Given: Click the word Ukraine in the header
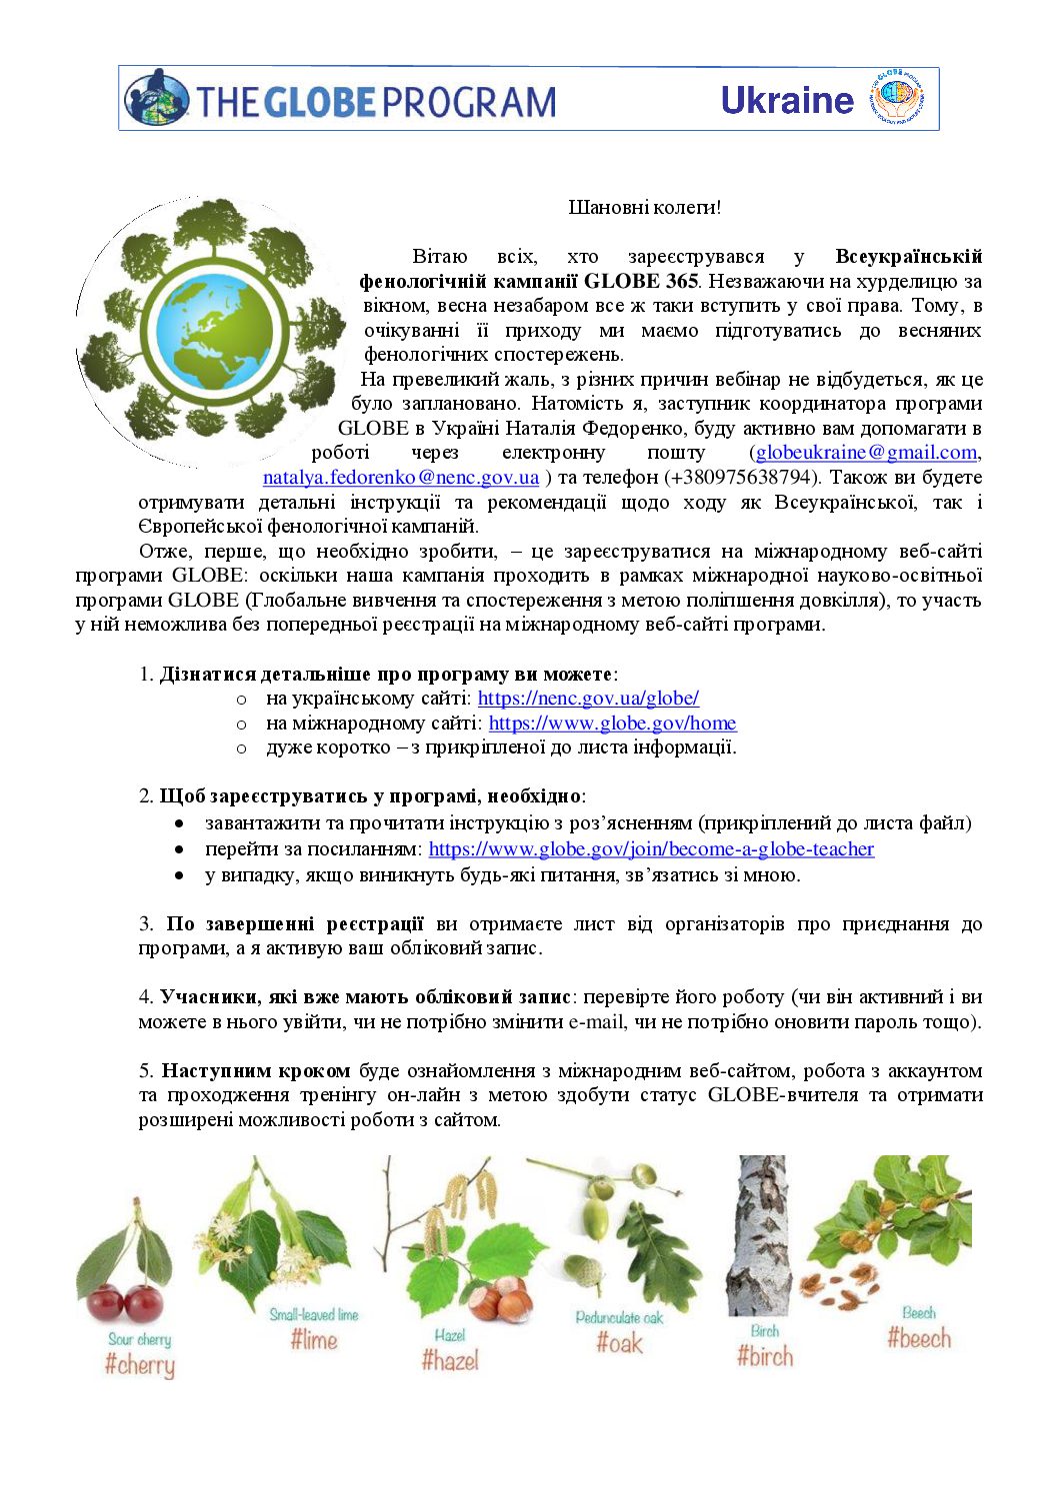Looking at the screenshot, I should click(x=786, y=100).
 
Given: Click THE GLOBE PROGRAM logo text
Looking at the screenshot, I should click(x=375, y=102).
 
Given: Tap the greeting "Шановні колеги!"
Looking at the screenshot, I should click(x=644, y=207).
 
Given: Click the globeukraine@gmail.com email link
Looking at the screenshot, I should click(x=866, y=453).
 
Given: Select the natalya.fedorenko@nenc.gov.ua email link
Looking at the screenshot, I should click(x=400, y=478).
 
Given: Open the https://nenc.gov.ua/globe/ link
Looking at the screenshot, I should click(x=588, y=698).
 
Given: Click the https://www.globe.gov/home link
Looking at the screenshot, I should click(x=612, y=723).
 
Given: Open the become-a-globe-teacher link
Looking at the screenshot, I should click(x=651, y=848).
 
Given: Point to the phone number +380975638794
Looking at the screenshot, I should click(x=741, y=478).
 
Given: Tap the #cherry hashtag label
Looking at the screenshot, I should click(x=139, y=1364).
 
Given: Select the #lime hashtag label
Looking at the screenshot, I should click(x=314, y=1339).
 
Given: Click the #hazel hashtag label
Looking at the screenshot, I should click(x=450, y=1359).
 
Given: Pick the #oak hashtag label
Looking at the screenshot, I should click(x=619, y=1342).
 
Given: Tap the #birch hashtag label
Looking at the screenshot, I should click(x=765, y=1355).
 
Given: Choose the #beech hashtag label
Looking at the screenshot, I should click(x=919, y=1337).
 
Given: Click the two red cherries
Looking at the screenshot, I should click(x=124, y=1302).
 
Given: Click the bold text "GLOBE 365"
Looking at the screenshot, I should click(x=641, y=282).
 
